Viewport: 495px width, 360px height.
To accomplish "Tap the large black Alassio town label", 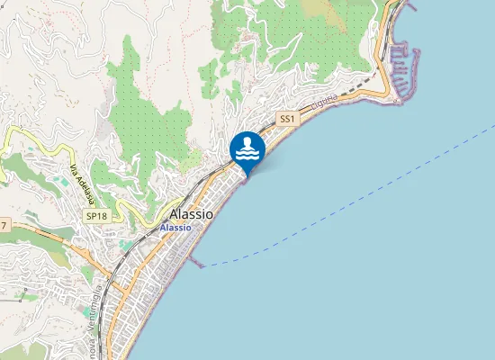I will pyautogui.click(x=192, y=215).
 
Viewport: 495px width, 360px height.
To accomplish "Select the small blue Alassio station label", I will pyautogui.click(x=175, y=229).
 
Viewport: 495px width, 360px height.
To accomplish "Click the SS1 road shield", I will pyautogui.click(x=287, y=119).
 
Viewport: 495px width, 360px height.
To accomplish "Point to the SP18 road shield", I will pyautogui.click(x=95, y=217).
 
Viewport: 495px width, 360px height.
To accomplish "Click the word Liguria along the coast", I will pyautogui.click(x=325, y=102).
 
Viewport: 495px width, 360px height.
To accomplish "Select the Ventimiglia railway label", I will pyautogui.click(x=91, y=329).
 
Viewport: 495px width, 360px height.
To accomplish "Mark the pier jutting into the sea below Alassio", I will pyautogui.click(x=195, y=261).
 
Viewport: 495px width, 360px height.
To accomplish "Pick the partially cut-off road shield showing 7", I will pyautogui.click(x=4, y=224).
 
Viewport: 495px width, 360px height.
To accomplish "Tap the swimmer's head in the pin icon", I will pyautogui.click(x=247, y=141).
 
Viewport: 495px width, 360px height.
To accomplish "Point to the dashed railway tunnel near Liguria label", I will pyautogui.click(x=360, y=86).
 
